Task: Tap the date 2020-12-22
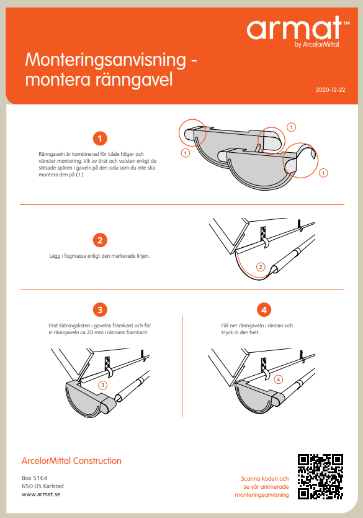coord(330,90)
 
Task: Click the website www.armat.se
coord(41,494)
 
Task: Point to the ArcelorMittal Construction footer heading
coord(71,461)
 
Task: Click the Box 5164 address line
coord(35,478)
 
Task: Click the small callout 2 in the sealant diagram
coord(261,267)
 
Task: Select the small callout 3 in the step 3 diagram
coord(103,385)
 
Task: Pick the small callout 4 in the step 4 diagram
coord(278,379)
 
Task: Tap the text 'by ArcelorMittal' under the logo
coord(316,44)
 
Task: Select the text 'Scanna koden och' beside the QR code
coord(265,478)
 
